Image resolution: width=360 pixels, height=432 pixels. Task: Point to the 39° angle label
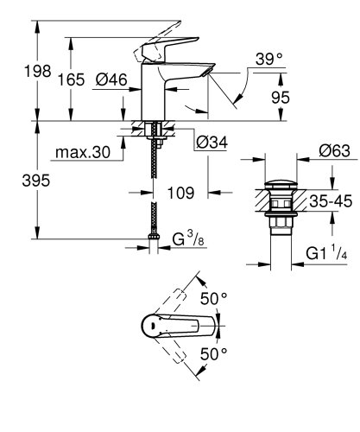268,59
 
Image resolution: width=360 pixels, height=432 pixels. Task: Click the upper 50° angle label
213,298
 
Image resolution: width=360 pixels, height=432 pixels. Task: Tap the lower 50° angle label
213,353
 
